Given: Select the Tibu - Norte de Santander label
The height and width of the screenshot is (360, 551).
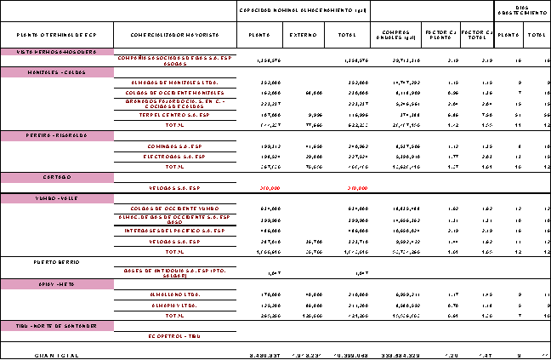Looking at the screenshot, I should coord(55,326).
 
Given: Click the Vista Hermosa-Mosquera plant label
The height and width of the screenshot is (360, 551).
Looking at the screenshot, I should coord(55,52).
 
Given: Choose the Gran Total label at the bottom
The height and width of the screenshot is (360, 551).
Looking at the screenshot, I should coord(55,354).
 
